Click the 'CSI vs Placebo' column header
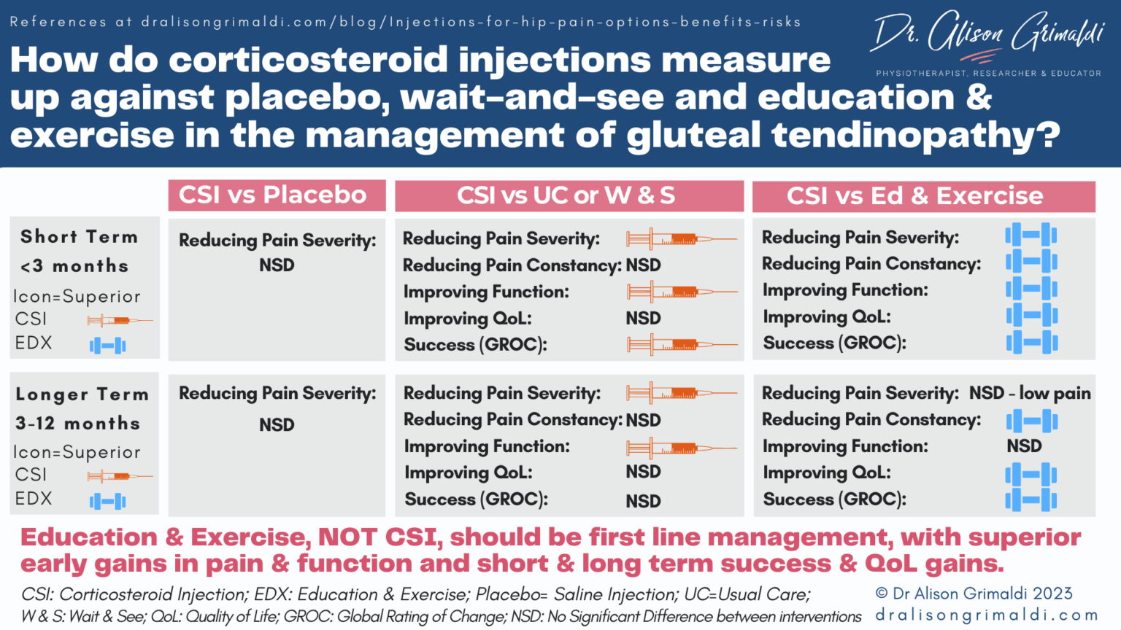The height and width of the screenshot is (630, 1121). (276, 195)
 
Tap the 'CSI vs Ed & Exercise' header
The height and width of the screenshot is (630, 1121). (915, 196)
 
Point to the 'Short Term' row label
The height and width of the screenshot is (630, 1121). (79, 237)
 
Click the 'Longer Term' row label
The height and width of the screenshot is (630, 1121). (82, 394)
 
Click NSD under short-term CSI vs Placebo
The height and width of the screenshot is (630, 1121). (277, 265)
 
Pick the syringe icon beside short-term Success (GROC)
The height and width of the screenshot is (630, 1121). (682, 344)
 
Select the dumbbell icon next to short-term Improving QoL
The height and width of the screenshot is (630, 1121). (1031, 316)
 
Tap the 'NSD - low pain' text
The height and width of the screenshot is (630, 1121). (1029, 394)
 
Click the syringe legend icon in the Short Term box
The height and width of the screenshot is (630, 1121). (119, 320)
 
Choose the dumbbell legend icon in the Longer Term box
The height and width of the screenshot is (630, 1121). (107, 501)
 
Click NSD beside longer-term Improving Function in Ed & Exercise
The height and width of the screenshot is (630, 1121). (1024, 446)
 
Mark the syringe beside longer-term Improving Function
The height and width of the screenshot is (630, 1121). (682, 448)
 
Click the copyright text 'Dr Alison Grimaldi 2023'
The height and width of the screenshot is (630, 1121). (974, 594)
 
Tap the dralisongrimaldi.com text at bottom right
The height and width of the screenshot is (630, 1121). (987, 615)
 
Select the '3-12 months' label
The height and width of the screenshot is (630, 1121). (77, 424)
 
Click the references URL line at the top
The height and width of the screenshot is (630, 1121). (405, 22)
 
